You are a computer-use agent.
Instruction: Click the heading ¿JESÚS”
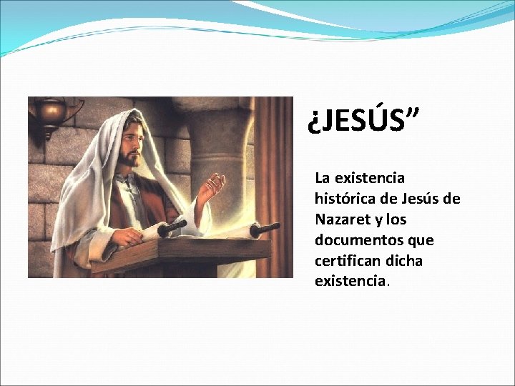[364, 122]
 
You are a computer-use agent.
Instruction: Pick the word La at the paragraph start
[323, 177]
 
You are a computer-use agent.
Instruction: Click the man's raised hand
[211, 187]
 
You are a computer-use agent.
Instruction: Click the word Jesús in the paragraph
[421, 198]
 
